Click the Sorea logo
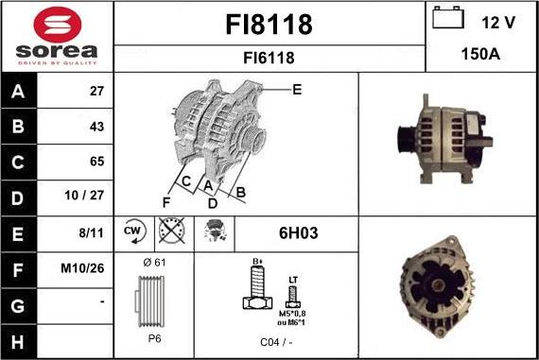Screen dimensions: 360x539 pyautogui.click(x=57, y=36)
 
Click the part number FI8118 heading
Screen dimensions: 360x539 pyautogui.click(x=269, y=25)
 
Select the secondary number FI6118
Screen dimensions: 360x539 pyautogui.click(x=269, y=58)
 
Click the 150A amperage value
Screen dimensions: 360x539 pyautogui.click(x=480, y=54)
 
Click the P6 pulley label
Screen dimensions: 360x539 pyautogui.click(x=153, y=335)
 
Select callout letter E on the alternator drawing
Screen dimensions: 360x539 pyautogui.click(x=296, y=90)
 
